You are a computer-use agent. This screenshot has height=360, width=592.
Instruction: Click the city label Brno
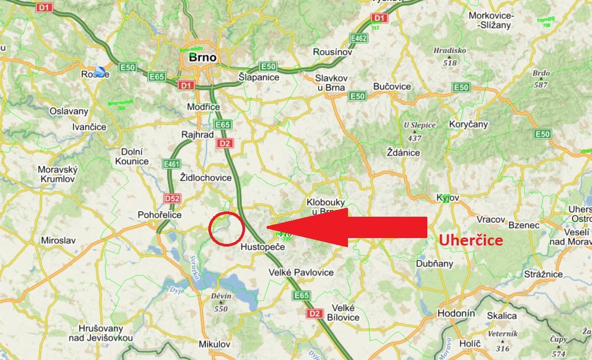click(x=199, y=58)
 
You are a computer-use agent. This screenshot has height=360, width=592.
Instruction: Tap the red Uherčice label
click(x=471, y=240)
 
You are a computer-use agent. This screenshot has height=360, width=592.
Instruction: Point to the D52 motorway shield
click(x=172, y=199)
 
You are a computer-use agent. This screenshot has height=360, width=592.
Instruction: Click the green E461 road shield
click(x=172, y=164)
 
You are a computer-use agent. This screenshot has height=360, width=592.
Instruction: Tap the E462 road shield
click(x=358, y=38)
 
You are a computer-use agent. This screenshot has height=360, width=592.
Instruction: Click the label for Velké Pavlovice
click(x=301, y=273)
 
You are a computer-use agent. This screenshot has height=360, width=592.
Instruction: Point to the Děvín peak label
click(x=221, y=296)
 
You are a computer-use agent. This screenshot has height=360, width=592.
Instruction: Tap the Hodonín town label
click(x=456, y=314)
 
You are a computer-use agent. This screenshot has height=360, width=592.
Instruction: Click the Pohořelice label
click(x=160, y=215)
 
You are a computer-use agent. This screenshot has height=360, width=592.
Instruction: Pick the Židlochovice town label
click(x=206, y=177)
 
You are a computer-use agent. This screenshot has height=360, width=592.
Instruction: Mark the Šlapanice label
click(x=259, y=77)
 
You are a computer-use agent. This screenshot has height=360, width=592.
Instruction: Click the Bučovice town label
click(x=392, y=86)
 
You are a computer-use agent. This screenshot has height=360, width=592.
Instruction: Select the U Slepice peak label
click(x=420, y=125)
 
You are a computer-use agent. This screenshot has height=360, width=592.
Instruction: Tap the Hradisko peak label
click(x=450, y=51)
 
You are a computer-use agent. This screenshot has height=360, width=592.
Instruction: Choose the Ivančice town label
click(x=90, y=127)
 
